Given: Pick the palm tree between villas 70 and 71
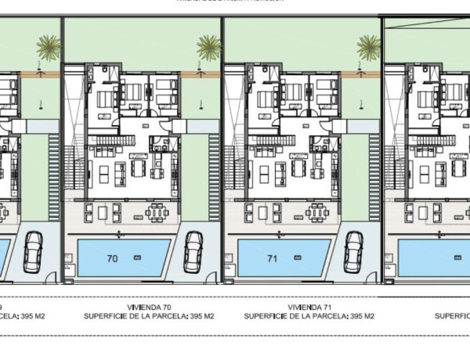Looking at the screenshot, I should tap(209, 48).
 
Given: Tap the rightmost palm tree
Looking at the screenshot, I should tap(369, 48).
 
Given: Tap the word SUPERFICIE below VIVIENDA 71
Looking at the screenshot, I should tap(266, 318).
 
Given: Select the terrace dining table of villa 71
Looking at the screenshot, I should tap(316, 211).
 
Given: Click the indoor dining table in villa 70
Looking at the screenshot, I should tap(139, 169).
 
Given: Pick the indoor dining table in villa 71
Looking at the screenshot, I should tap(298, 169).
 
